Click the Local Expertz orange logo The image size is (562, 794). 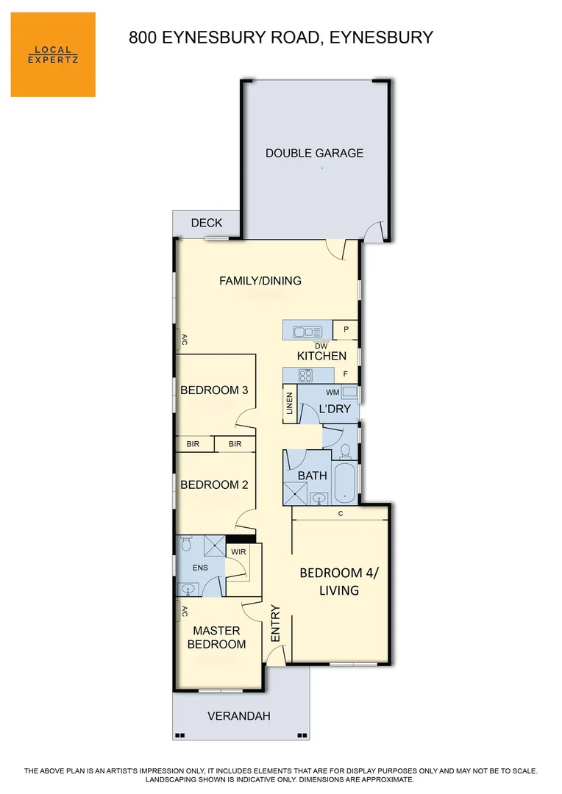point(53,54)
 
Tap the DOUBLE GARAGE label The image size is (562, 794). point(314,154)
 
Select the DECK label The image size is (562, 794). point(206,223)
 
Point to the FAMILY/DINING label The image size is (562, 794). point(260,281)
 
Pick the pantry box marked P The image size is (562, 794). point(346,330)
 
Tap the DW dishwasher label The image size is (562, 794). point(321,346)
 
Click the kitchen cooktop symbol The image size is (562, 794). point(305,375)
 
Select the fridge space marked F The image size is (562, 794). point(345,374)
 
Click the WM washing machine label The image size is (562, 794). point(332,393)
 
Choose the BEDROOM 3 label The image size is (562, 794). point(214,390)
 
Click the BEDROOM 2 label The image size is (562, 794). point(214,485)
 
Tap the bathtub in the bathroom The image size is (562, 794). point(344,482)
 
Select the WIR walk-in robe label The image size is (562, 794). point(238,551)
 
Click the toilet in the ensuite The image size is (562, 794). point(185,545)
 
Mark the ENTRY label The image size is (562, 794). point(276,623)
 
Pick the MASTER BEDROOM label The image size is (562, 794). point(216,637)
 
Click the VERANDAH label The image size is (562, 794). point(239,716)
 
